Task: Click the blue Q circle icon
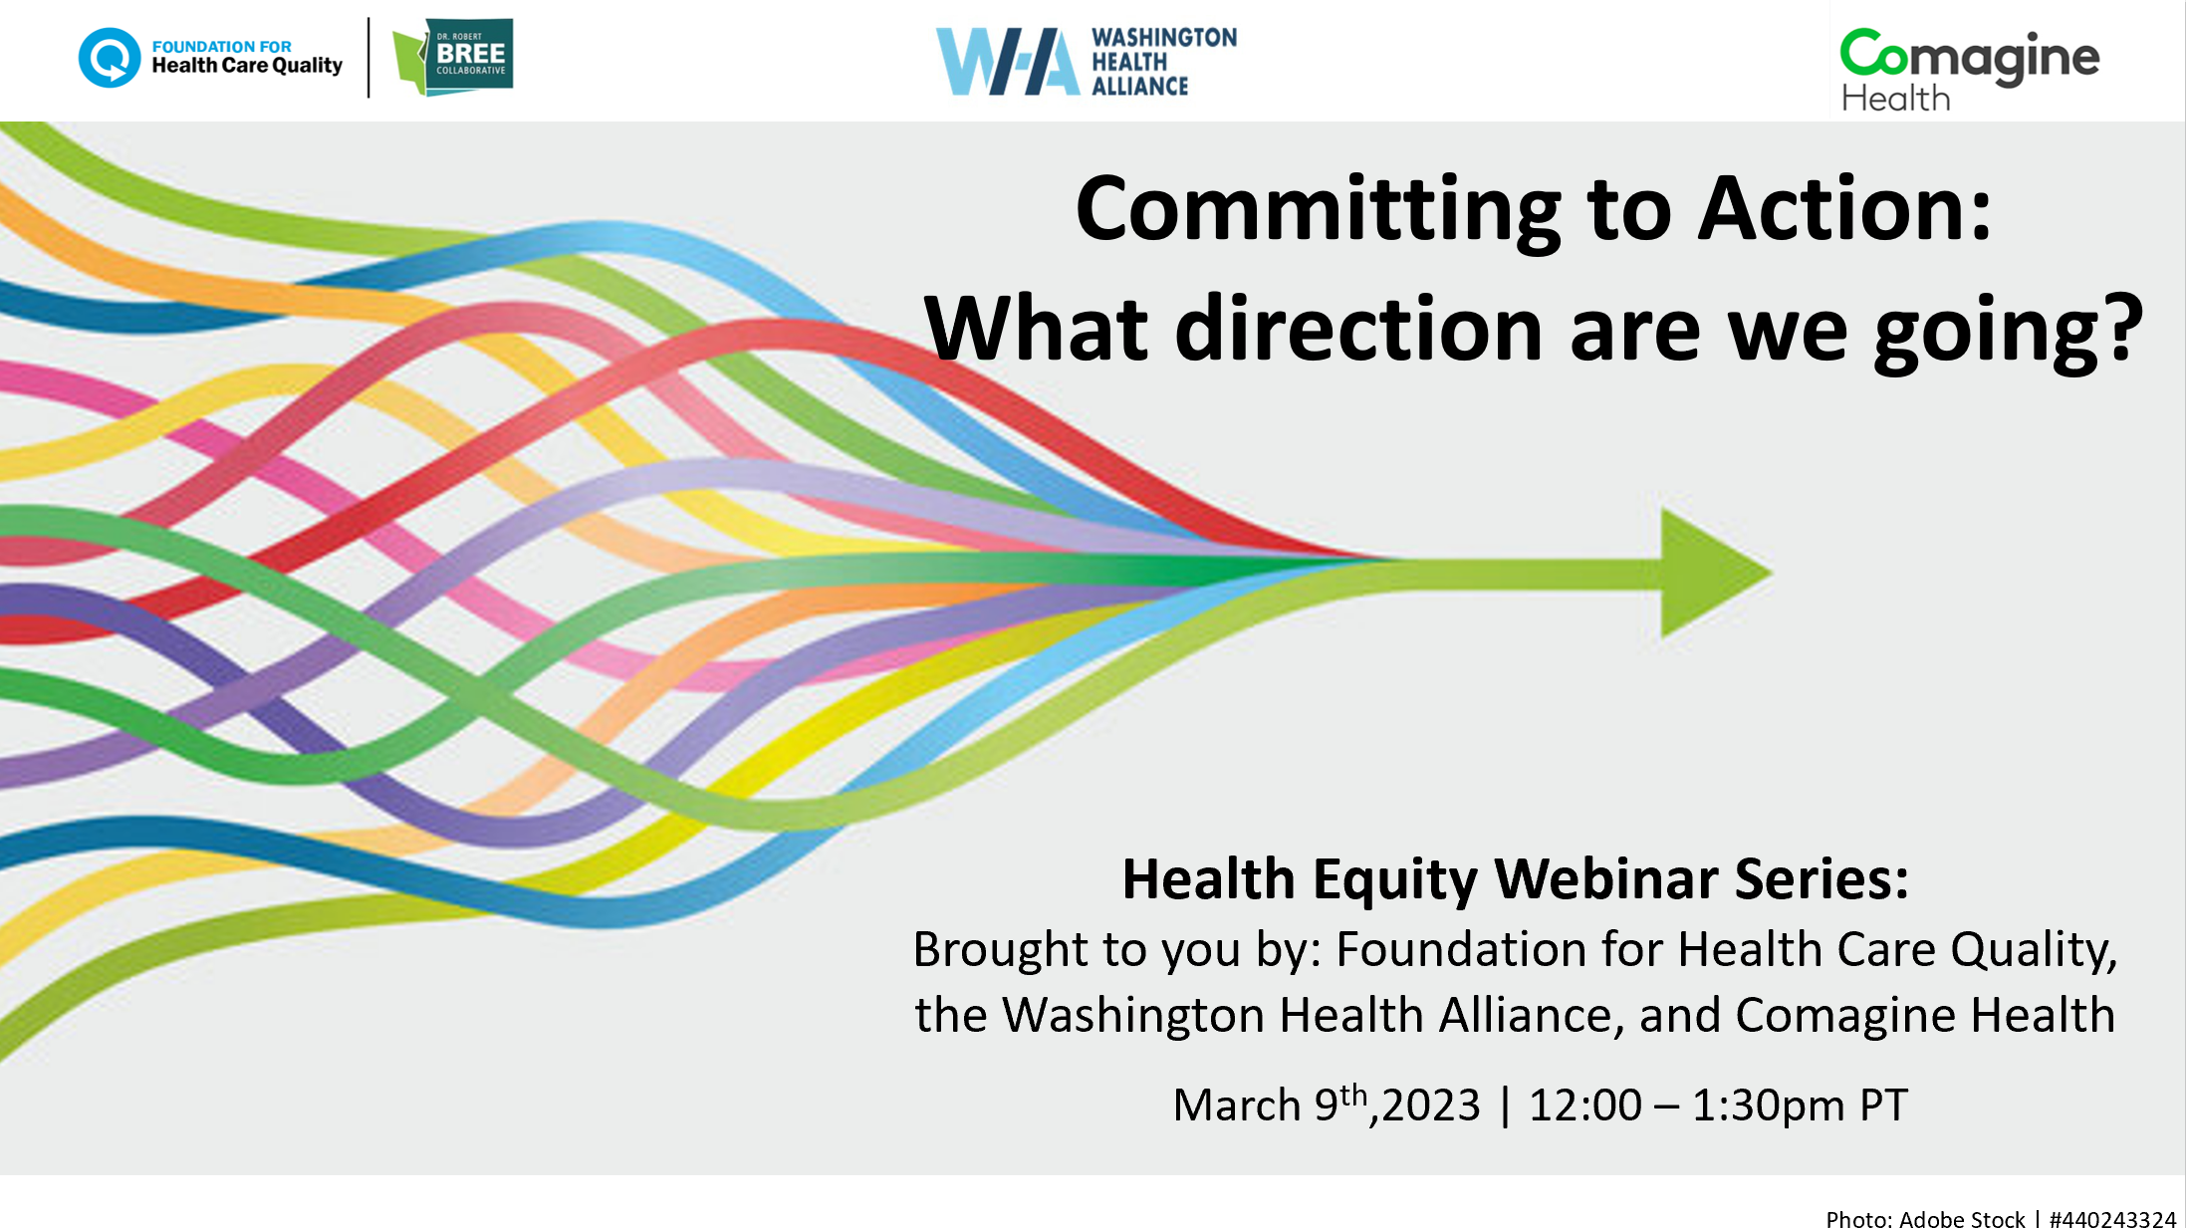110,57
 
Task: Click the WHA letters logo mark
1007,61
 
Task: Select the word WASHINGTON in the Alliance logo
1164,38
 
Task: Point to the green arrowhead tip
1772,573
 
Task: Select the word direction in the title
1359,329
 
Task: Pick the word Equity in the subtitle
1396,880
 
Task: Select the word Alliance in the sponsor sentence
1526,1015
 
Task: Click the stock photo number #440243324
2112,1219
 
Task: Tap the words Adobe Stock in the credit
1962,1219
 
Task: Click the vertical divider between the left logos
368,57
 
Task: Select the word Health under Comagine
1895,99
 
